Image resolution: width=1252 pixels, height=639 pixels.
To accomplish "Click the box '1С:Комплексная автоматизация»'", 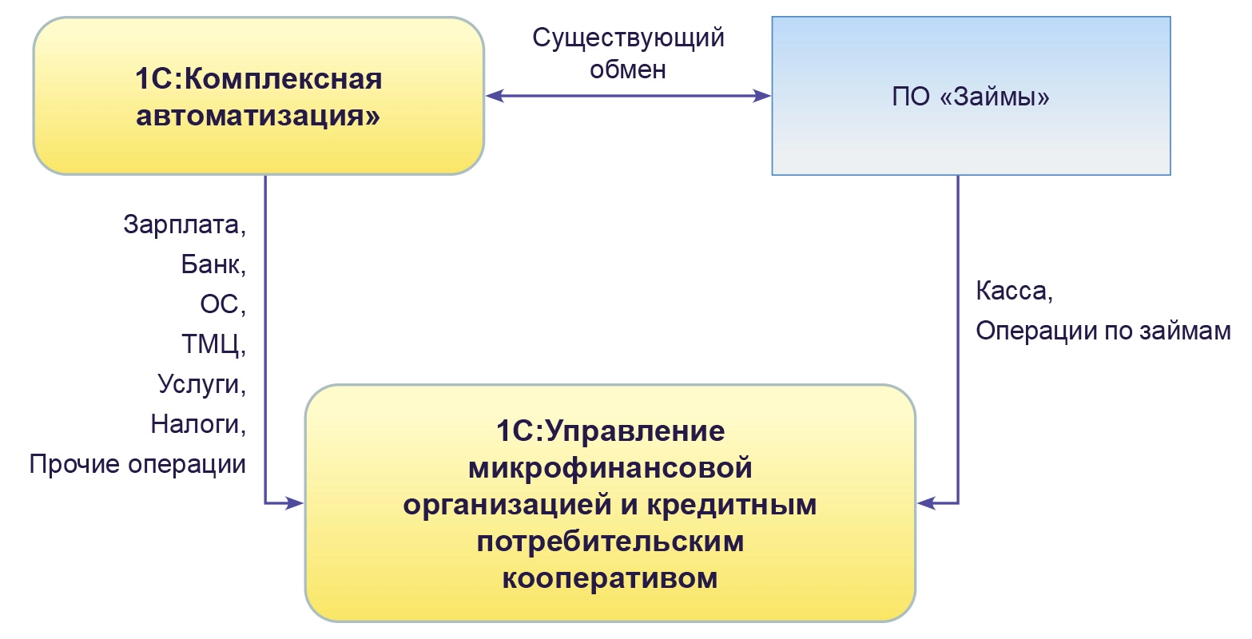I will pyautogui.click(x=258, y=96).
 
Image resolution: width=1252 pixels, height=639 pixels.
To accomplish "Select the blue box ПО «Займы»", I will pyautogui.click(x=971, y=96).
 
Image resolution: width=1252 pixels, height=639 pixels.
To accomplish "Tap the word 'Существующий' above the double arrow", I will pyautogui.click(x=628, y=38).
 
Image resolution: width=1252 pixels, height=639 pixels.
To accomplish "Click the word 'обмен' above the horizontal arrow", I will pyautogui.click(x=628, y=69).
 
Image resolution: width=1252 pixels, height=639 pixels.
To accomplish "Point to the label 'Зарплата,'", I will pyautogui.click(x=185, y=224).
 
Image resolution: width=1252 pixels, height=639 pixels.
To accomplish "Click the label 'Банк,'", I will pyautogui.click(x=213, y=264).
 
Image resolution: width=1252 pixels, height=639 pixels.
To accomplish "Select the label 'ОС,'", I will pyautogui.click(x=223, y=304).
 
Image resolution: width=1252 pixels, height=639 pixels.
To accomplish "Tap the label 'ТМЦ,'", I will pyautogui.click(x=213, y=344).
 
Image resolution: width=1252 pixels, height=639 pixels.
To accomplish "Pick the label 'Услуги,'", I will pyautogui.click(x=202, y=384).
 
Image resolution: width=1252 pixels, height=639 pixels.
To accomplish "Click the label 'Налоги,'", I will pyautogui.click(x=198, y=424).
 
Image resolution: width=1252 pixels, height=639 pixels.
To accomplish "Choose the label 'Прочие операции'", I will pyautogui.click(x=137, y=464).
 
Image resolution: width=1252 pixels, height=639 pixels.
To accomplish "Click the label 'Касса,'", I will pyautogui.click(x=1014, y=291).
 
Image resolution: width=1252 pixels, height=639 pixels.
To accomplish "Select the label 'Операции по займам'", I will pyautogui.click(x=1103, y=331).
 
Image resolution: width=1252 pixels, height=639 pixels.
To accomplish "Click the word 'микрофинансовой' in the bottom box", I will pyautogui.click(x=610, y=468).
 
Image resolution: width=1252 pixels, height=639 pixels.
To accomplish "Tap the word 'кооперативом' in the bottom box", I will pyautogui.click(x=610, y=577).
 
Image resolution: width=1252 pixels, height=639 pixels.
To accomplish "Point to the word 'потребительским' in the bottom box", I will pyautogui.click(x=610, y=542).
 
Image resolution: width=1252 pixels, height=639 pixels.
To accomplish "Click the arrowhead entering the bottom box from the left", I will pyautogui.click(x=296, y=503).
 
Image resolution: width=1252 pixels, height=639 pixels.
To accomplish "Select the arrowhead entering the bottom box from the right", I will pyautogui.click(x=925, y=503).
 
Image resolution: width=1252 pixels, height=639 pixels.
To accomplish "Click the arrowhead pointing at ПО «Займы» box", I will pyautogui.click(x=762, y=96).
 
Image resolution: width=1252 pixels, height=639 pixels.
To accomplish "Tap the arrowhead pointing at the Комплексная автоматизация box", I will pyautogui.click(x=495, y=96).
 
